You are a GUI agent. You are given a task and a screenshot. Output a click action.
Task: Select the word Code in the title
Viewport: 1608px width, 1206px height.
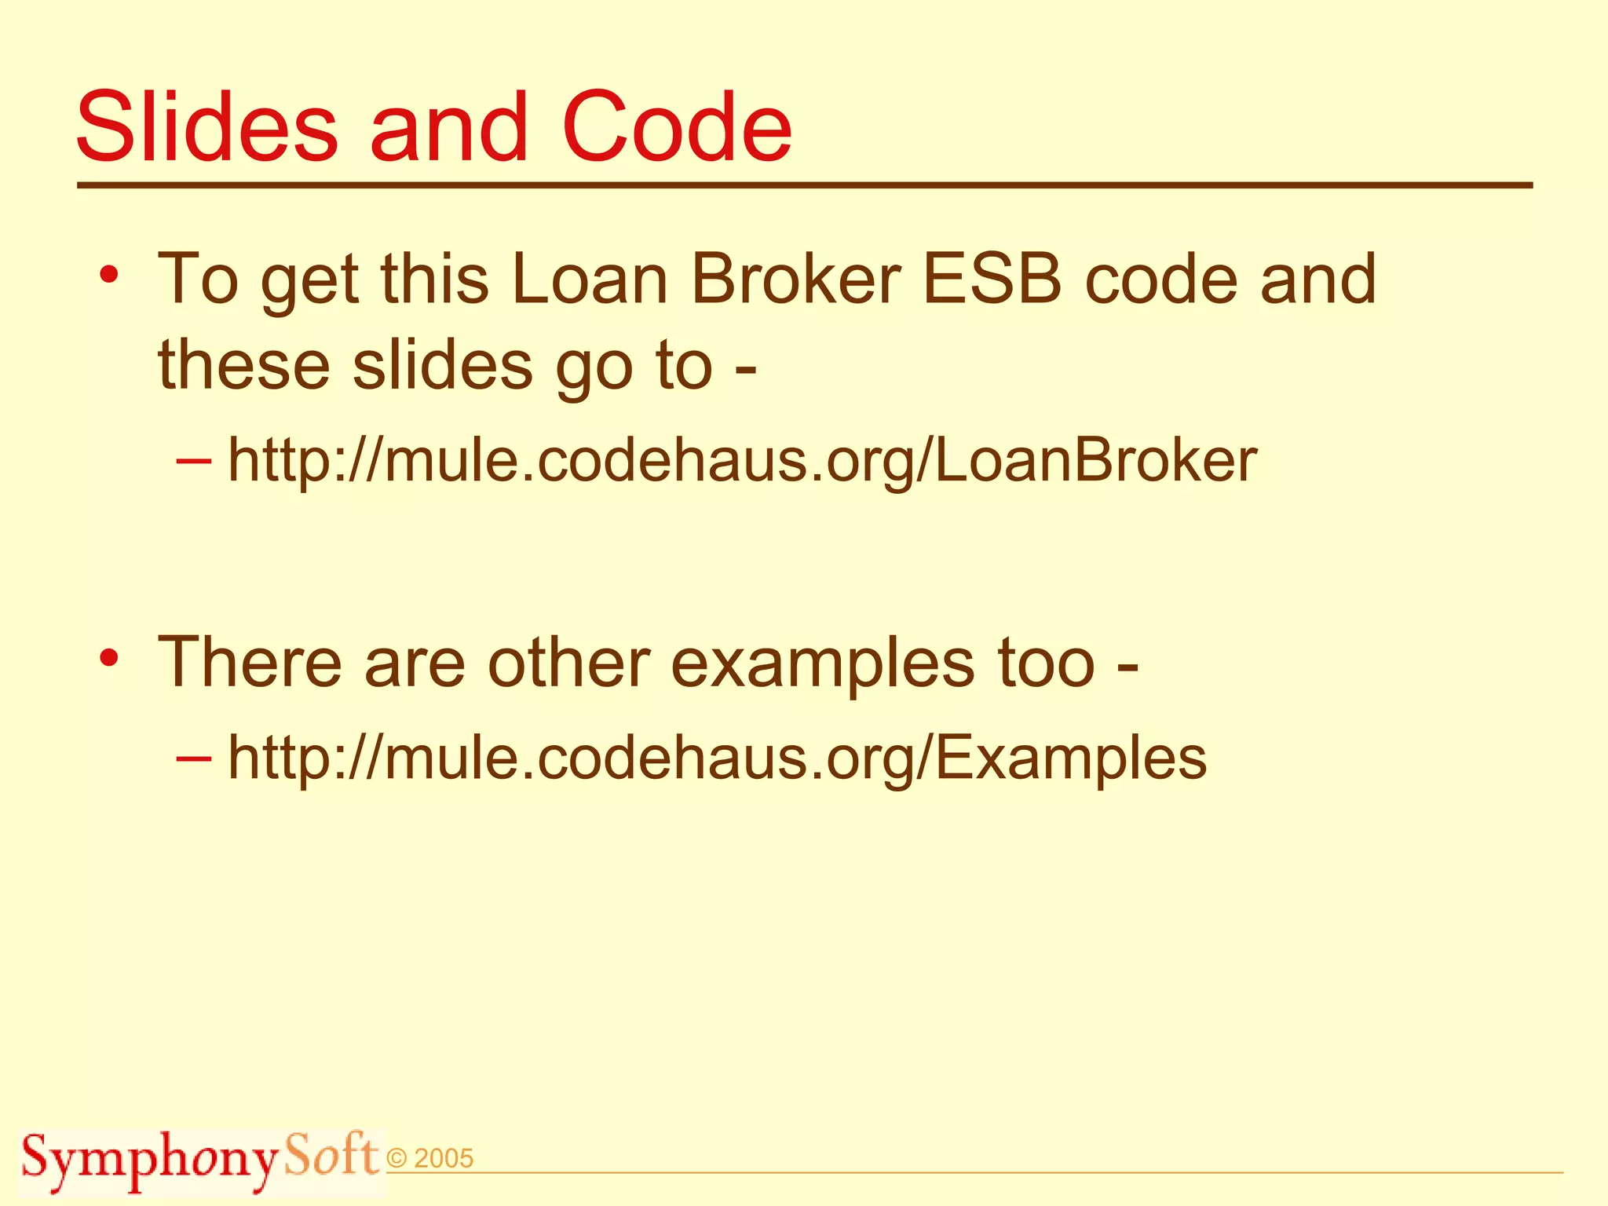coord(676,127)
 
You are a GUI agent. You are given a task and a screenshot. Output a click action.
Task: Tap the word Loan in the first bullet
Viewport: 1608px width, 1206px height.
coord(589,280)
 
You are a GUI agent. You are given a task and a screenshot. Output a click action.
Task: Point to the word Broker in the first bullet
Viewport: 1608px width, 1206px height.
coord(796,280)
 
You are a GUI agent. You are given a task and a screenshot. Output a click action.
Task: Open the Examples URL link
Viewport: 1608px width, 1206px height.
coord(717,758)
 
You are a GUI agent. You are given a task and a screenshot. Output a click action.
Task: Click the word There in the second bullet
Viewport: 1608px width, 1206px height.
coord(250,663)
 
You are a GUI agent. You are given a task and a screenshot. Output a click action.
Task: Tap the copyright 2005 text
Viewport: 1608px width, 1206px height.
coord(430,1159)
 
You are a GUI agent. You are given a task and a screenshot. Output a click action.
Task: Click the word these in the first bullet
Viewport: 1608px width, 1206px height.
coord(243,365)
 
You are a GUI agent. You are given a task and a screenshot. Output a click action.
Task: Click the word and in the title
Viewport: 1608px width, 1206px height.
coord(449,127)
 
